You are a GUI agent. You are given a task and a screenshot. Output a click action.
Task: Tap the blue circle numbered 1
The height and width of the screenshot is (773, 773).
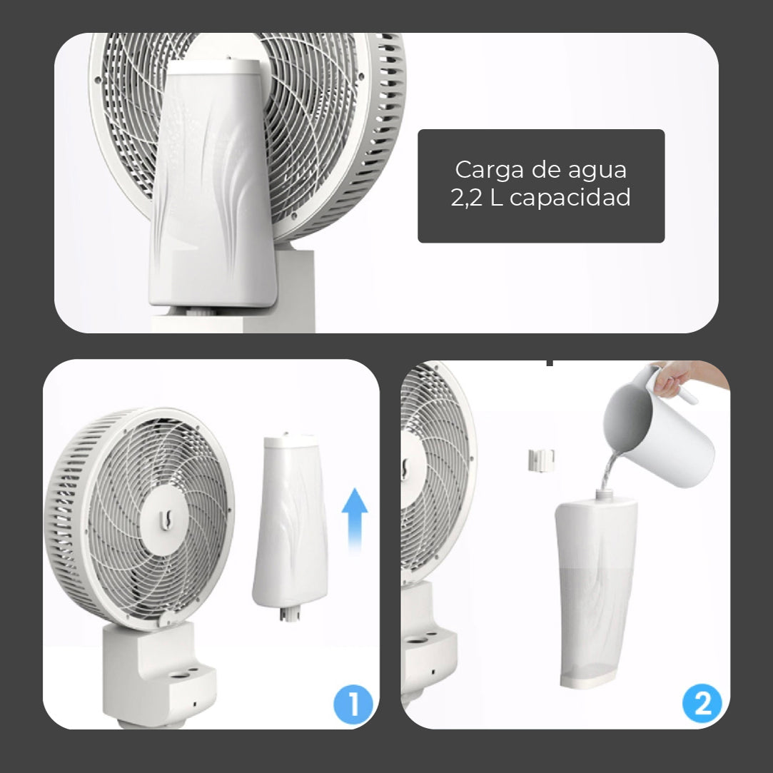[x=353, y=703]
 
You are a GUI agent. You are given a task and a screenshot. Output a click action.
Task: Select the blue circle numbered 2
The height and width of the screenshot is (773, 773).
[x=702, y=703]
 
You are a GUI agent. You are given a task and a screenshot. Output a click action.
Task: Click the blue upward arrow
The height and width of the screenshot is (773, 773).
[x=355, y=520]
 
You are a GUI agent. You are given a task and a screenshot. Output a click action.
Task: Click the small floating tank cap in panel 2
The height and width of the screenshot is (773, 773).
[x=541, y=460]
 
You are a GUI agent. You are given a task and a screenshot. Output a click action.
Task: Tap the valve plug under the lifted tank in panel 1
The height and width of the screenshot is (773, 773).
[x=290, y=615]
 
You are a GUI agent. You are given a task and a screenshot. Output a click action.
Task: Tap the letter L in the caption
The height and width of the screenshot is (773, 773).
[x=497, y=198]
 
